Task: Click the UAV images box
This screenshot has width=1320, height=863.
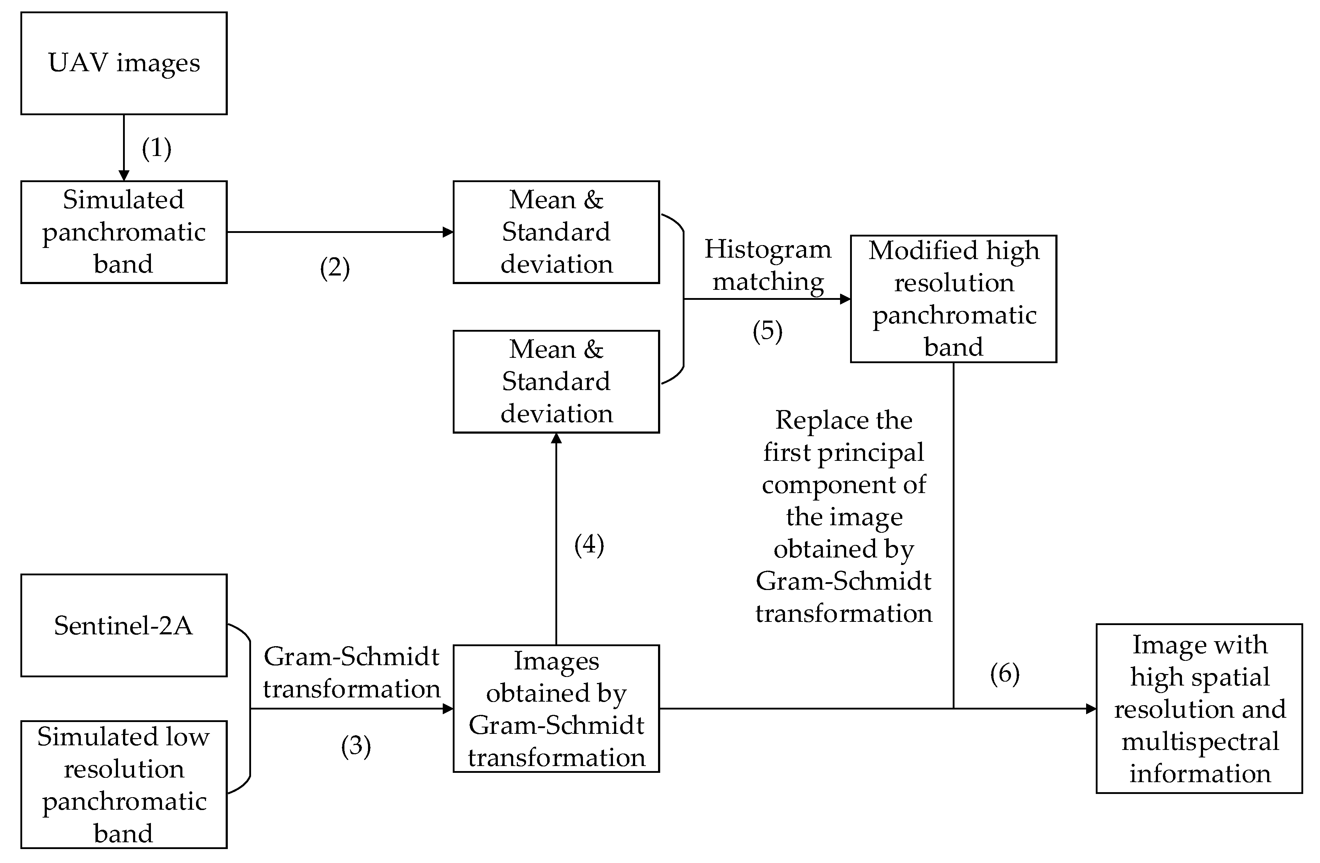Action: coord(124,63)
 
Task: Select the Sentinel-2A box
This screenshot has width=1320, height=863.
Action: coord(124,625)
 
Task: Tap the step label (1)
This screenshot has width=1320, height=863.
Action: coord(156,148)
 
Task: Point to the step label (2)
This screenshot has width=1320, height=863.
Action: coord(334,268)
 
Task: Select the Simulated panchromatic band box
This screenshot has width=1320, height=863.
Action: coord(124,232)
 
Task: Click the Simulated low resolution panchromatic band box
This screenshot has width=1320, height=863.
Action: coord(124,784)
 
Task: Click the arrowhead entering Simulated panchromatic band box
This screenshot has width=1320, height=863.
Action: coord(124,175)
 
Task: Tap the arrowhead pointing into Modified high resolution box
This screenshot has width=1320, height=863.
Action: coord(845,299)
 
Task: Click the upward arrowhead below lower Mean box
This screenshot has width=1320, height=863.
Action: coord(556,438)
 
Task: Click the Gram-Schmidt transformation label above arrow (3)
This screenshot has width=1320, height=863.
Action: coord(351,673)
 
